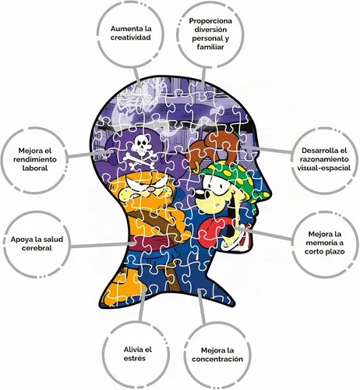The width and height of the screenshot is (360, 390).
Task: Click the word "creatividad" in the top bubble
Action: point(131,37)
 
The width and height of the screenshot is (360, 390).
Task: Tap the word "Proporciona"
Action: point(210,21)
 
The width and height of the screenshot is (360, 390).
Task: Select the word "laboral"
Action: point(35,168)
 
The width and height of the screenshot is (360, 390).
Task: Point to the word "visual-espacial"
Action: point(323,168)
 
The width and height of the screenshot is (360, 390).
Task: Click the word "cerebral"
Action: point(37,248)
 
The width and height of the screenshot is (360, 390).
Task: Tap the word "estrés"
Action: point(135,358)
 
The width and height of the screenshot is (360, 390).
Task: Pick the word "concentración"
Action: point(217,359)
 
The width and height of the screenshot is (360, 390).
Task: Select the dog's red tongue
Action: point(211,229)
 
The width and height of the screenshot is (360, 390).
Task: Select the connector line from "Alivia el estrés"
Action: point(143,303)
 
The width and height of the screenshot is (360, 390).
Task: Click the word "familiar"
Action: point(210,47)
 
